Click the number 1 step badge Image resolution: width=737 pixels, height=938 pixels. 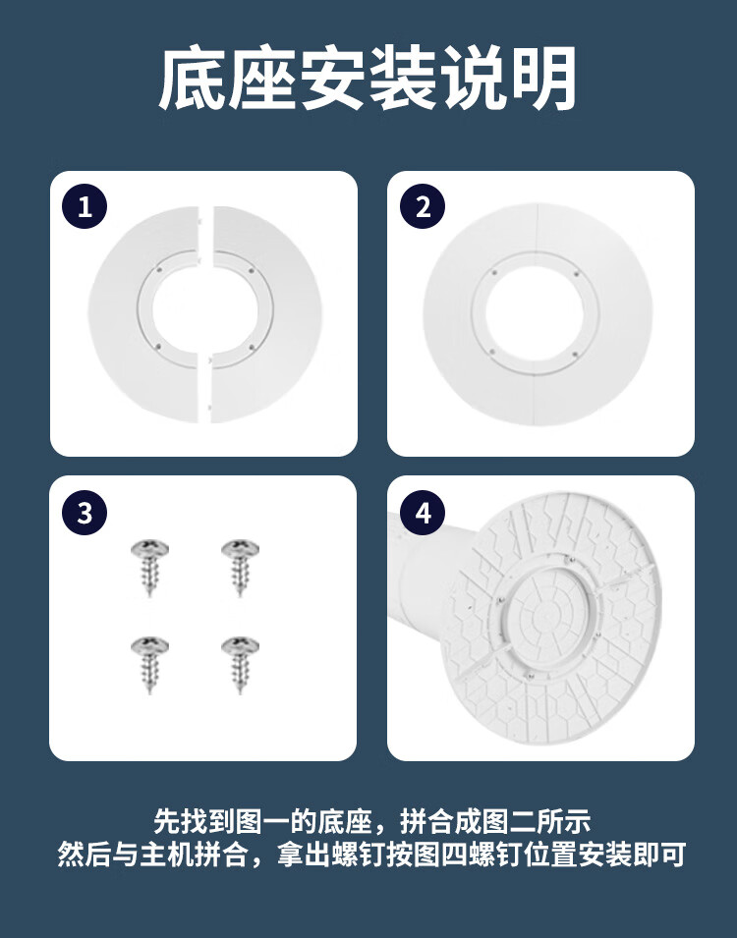[85, 207]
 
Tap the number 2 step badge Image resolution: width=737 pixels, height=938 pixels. [423, 207]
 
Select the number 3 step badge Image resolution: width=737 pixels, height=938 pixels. [85, 513]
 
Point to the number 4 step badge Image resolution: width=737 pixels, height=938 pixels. [423, 513]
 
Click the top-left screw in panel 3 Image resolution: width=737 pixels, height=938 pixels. [149, 566]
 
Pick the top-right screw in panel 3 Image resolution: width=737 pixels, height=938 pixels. [240, 566]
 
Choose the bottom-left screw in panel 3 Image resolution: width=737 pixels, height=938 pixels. [149, 663]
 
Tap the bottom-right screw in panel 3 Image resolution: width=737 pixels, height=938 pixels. [240, 663]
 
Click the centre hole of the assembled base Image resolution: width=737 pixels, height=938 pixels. [535, 315]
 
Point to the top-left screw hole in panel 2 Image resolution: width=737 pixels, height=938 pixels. [494, 273]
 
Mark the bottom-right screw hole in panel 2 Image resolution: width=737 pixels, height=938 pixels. [575, 355]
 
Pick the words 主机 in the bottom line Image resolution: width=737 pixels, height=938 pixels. [167, 855]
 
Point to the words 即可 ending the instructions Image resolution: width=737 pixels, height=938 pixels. [658, 855]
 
